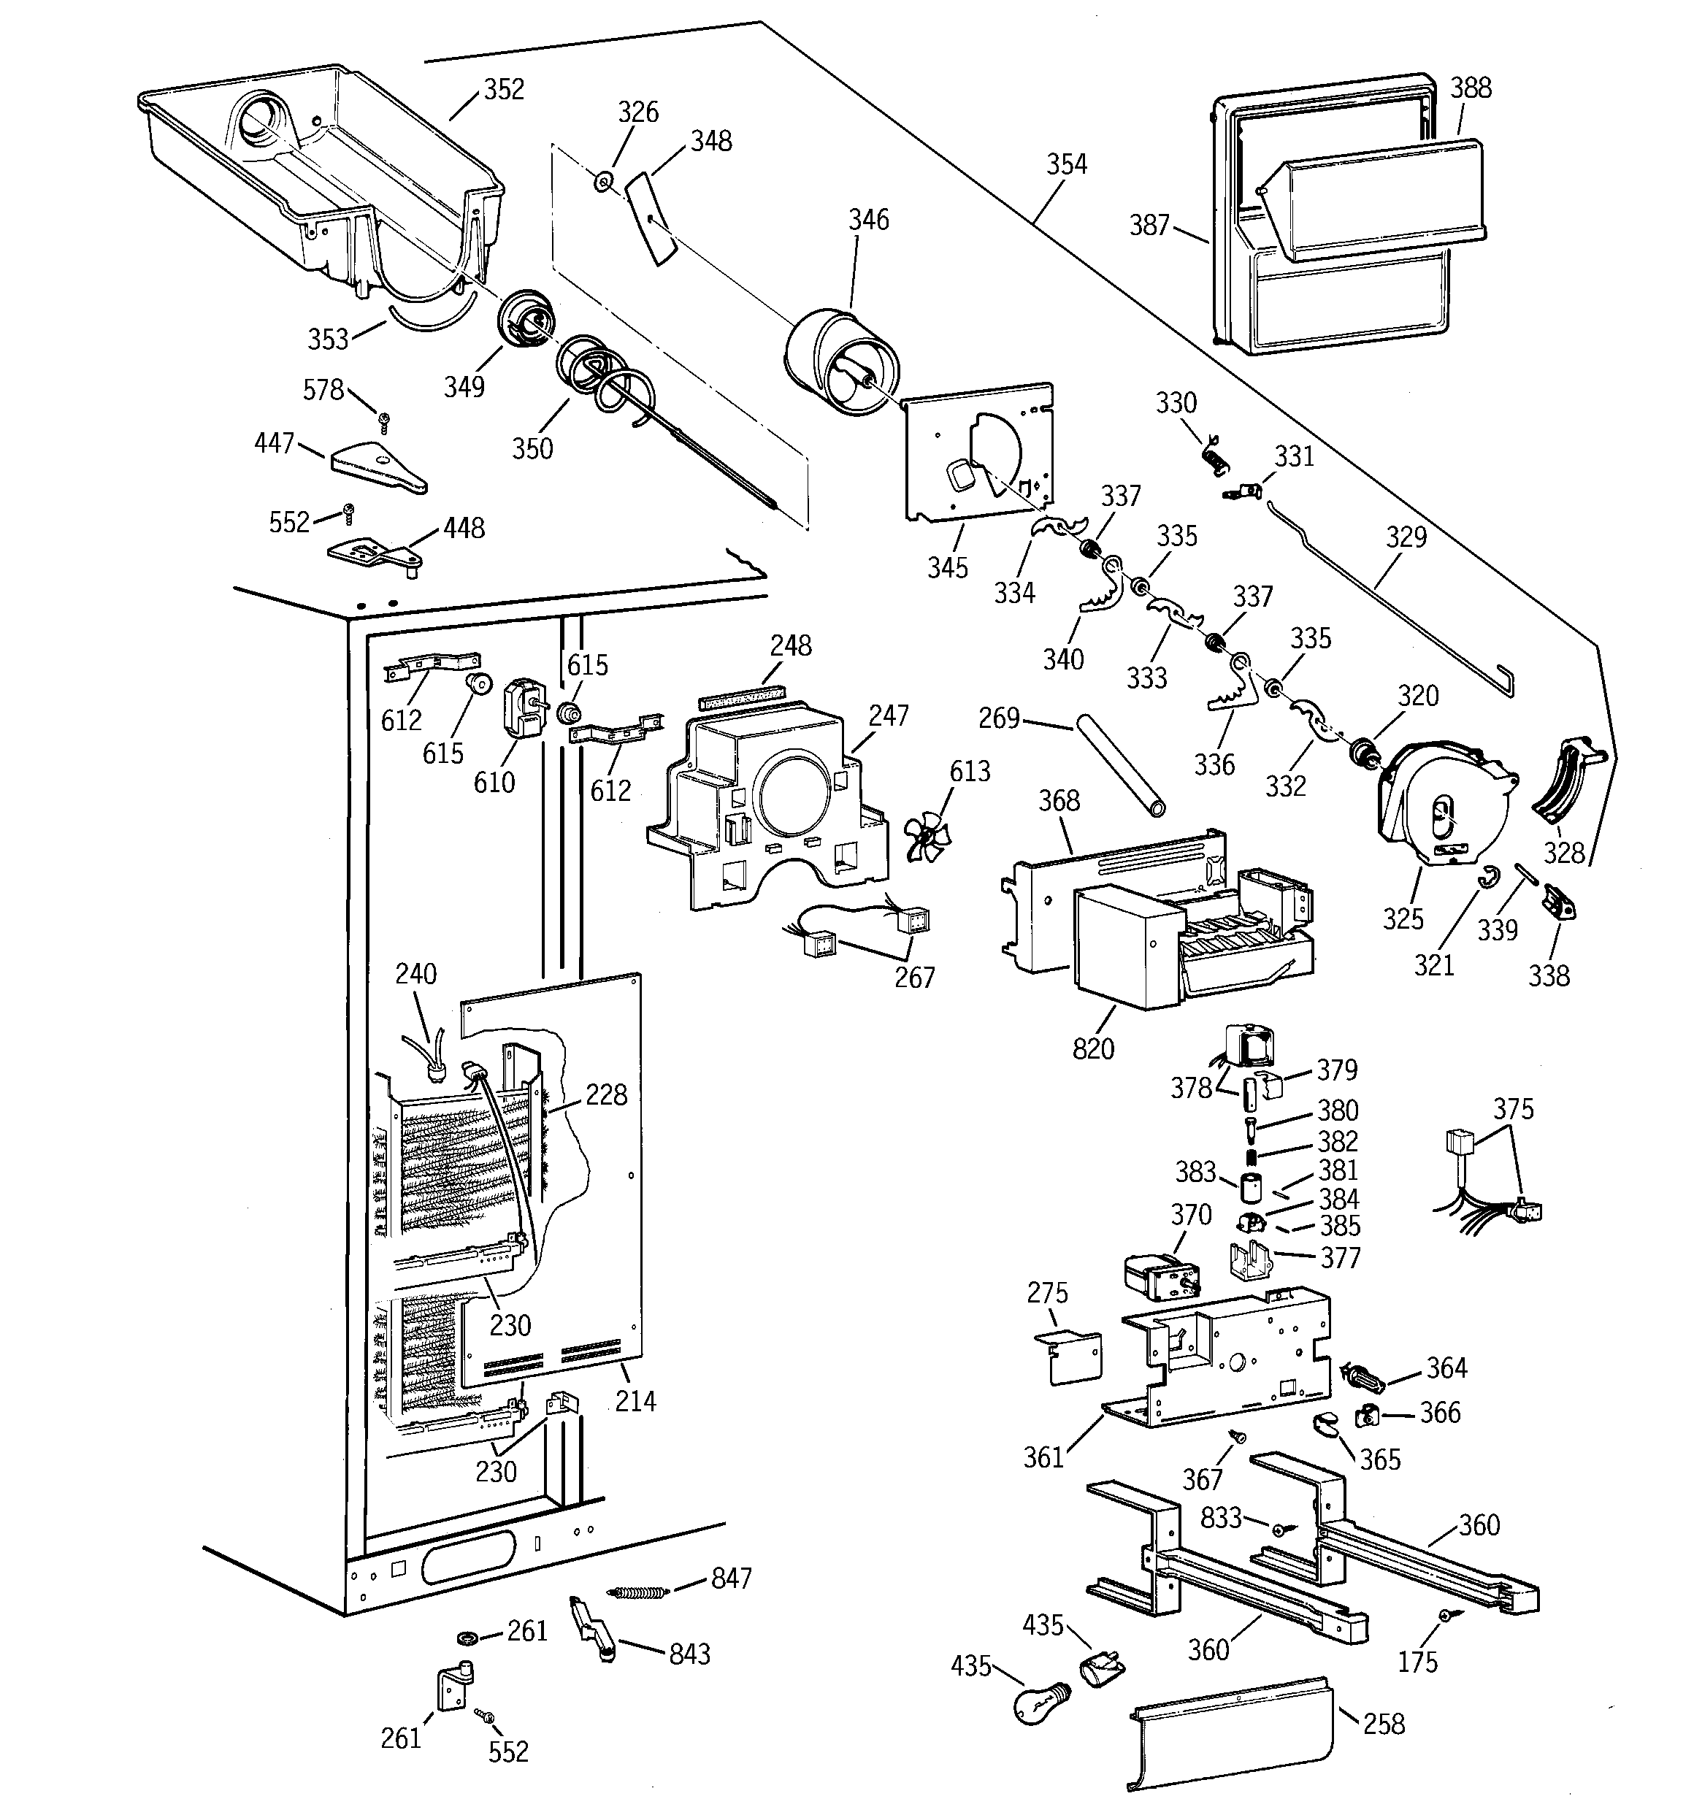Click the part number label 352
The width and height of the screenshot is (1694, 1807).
pyautogui.click(x=504, y=89)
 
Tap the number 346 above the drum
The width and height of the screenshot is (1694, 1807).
pyautogui.click(x=868, y=220)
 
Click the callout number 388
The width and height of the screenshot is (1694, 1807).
pyautogui.click(x=1471, y=88)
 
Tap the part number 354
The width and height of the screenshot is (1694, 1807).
pyautogui.click(x=1065, y=164)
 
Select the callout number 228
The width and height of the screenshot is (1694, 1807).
pyautogui.click(x=605, y=1094)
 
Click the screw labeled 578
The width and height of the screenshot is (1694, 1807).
pyautogui.click(x=385, y=419)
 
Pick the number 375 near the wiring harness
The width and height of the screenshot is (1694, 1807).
pyautogui.click(x=1513, y=1109)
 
